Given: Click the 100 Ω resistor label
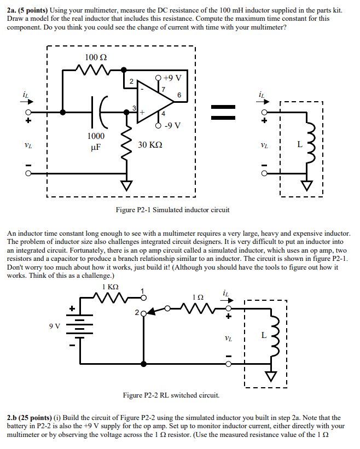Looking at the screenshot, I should (x=92, y=57).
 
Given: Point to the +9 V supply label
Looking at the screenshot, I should (x=173, y=77).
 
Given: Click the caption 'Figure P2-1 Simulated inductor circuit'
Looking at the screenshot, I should (x=172, y=209).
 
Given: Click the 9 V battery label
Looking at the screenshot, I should (x=55, y=327).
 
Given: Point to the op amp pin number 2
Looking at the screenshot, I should (x=131, y=81).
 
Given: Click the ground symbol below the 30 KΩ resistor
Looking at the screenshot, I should (x=127, y=186).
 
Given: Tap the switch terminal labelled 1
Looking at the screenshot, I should (x=144, y=298).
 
